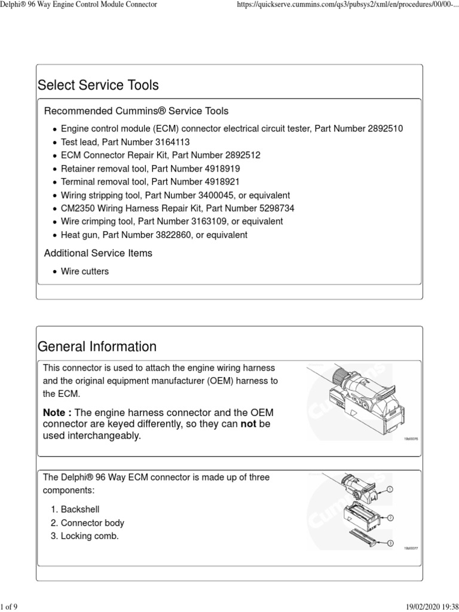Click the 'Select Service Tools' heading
pos(98,85)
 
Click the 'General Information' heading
pos(97,347)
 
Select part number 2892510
pos(381,128)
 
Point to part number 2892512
pos(238,155)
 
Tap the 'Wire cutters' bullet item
pos(85,271)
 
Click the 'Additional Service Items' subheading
pos(98,253)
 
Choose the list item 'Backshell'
pos(80,509)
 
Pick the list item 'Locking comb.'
pos(90,536)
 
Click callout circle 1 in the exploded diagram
pos(390,489)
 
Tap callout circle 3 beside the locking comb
pos(390,543)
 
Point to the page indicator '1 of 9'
pos(10,607)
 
